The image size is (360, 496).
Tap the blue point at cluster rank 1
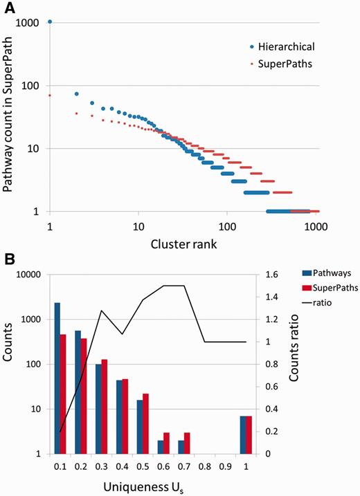(50, 22)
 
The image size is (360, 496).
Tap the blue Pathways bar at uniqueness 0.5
(141, 427)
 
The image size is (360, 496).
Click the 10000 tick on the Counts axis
(30, 275)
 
